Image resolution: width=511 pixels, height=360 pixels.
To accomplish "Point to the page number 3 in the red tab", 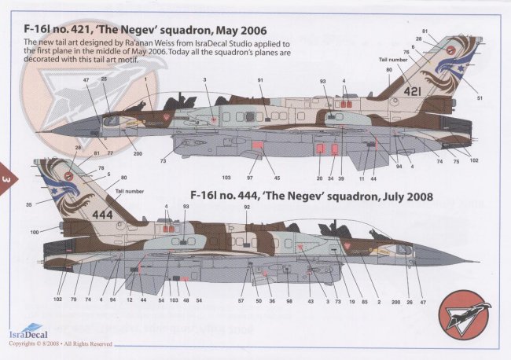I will (x=7, y=180).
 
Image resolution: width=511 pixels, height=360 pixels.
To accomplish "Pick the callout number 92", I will (x=246, y=208).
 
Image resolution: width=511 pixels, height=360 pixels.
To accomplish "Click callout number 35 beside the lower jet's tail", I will (x=28, y=204).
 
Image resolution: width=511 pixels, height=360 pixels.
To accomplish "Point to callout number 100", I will (x=35, y=233).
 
